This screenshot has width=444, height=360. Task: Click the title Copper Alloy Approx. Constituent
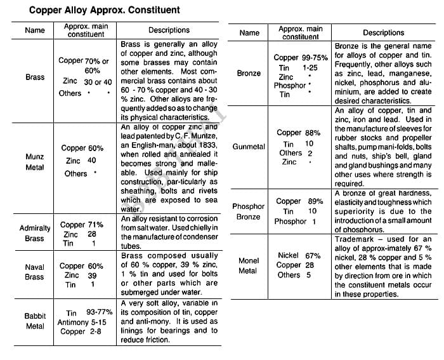click(105, 10)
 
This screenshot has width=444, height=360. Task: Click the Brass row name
click(35, 77)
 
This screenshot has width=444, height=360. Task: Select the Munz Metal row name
click(35, 162)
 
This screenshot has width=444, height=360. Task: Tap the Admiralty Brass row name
click(35, 233)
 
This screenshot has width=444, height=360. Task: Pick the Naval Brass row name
click(35, 272)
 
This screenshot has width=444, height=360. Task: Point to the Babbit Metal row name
click(35, 321)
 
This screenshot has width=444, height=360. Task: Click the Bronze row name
click(249, 73)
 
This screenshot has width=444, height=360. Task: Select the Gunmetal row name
click(249, 147)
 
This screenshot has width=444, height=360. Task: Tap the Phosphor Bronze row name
click(249, 211)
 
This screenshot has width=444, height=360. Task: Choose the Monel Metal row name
click(249, 265)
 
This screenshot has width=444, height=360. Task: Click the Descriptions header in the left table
click(169, 30)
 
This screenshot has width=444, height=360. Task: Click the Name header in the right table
click(249, 33)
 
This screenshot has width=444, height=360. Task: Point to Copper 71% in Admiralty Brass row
click(82, 225)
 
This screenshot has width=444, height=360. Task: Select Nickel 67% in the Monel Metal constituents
click(295, 255)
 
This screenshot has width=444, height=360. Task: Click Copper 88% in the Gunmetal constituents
click(299, 133)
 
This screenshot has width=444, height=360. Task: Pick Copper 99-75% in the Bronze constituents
click(301, 58)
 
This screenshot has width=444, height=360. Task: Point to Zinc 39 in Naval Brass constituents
click(80, 276)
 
